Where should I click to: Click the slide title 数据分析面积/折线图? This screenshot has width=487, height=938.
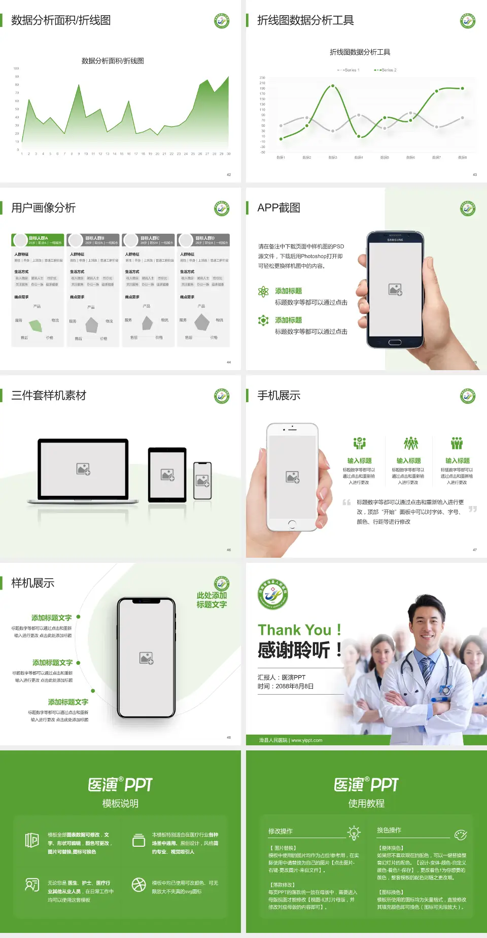coord(61,20)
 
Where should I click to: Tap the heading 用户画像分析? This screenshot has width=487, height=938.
coord(44,208)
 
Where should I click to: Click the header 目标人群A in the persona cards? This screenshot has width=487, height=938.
coord(39,238)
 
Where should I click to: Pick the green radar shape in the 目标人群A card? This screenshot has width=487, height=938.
coord(36,325)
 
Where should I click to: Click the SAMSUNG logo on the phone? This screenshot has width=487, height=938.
coord(395,240)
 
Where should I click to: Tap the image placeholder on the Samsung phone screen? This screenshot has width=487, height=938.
coord(395,290)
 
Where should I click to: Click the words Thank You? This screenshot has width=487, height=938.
coord(294,630)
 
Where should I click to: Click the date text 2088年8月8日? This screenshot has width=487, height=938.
coord(295,686)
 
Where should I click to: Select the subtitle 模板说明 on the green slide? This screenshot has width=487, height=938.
coord(120,804)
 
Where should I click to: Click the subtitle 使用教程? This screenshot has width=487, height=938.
coord(366,804)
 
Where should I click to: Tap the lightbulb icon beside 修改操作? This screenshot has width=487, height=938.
coord(354,833)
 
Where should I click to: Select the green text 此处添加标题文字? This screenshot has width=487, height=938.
coord(212,600)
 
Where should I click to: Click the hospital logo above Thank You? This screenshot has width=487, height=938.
coord(273,594)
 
